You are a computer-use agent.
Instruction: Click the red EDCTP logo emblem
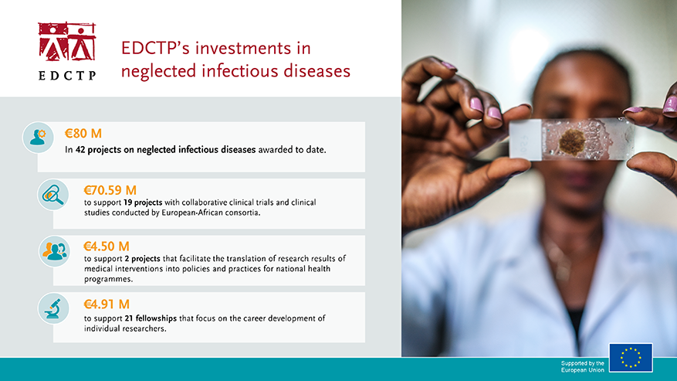[x=66, y=42]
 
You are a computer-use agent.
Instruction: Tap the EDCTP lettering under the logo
[x=66, y=75]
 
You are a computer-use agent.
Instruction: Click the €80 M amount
[x=83, y=133]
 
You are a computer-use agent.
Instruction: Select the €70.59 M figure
[x=110, y=189]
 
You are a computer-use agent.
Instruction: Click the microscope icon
[x=53, y=308]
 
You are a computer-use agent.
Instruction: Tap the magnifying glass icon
[x=53, y=195]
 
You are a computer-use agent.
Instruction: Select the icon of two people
[x=53, y=251]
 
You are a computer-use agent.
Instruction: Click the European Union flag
[x=630, y=358]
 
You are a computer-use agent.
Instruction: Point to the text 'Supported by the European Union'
[x=582, y=366]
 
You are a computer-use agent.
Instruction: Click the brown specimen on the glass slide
[x=571, y=141]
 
